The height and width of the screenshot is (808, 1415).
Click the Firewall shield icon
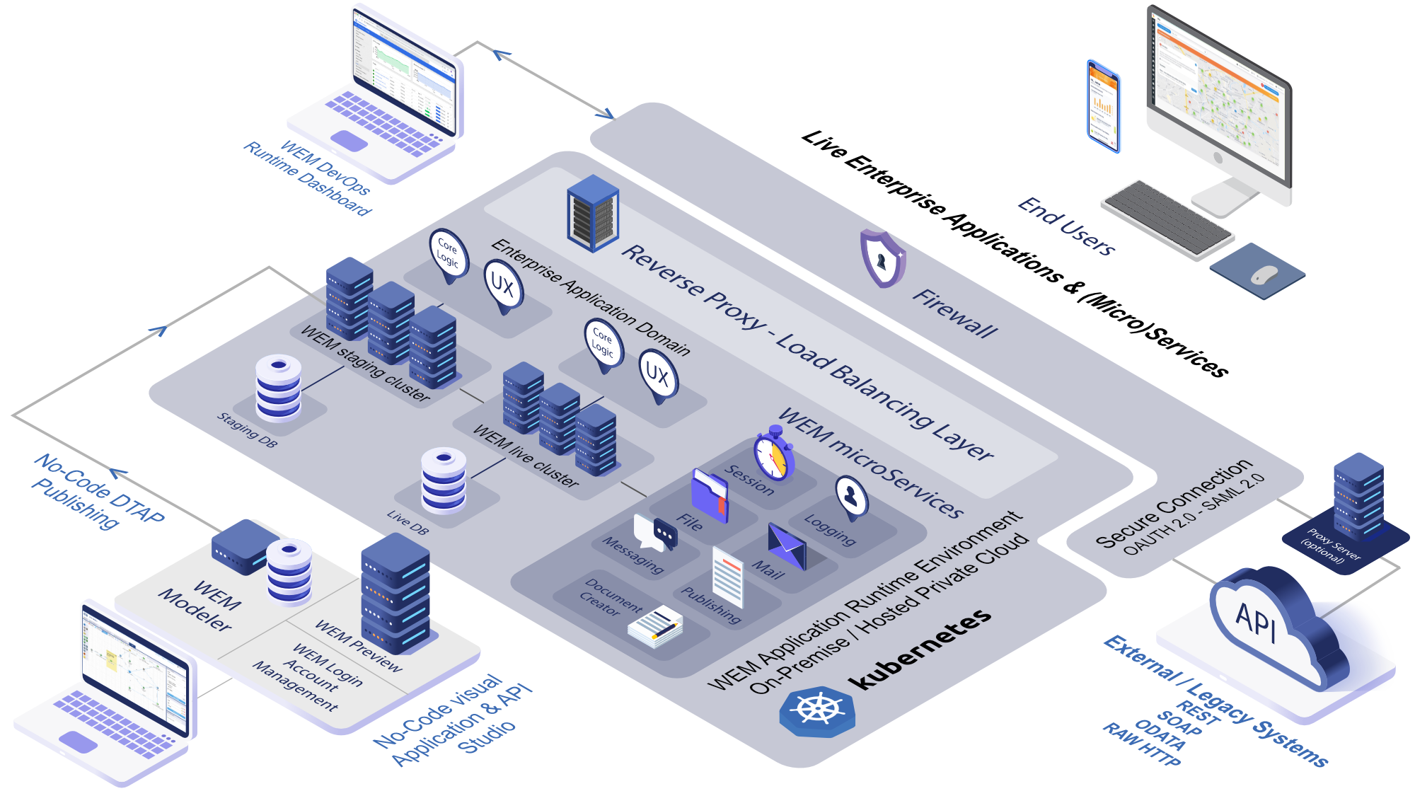tap(882, 259)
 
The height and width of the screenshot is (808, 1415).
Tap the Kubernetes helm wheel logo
tap(817, 710)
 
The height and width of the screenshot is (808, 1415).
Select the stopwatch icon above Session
tap(773, 454)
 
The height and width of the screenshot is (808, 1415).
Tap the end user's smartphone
tap(1104, 106)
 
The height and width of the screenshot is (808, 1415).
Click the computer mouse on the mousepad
tap(1264, 275)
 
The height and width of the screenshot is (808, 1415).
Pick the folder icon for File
tap(710, 495)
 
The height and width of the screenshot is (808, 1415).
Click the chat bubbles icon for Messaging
tap(655, 533)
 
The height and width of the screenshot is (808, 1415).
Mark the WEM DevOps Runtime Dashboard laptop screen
tap(404, 71)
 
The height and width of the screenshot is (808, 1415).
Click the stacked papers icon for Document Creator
tap(655, 627)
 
